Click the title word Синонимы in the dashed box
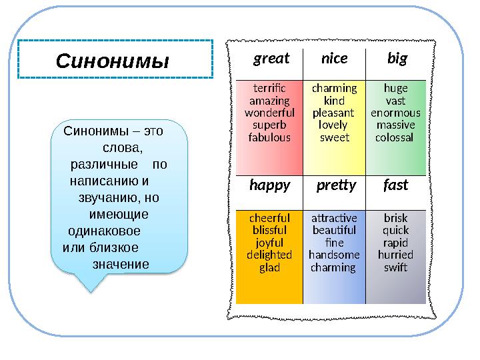tap(113, 62)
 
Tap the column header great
tap(271, 59)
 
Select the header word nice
tap(334, 59)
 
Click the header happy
tap(269, 185)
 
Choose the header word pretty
tap(336, 185)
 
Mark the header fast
tap(395, 185)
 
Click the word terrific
tap(269, 88)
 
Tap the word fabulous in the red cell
tap(269, 138)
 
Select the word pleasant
tap(334, 113)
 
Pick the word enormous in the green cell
tap(396, 113)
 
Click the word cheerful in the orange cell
tap(269, 218)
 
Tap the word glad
tap(269, 267)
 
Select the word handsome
tap(334, 255)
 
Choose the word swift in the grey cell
tap(396, 267)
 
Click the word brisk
tap(396, 218)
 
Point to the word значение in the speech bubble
tap(121, 263)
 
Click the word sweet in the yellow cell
tap(334, 138)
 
